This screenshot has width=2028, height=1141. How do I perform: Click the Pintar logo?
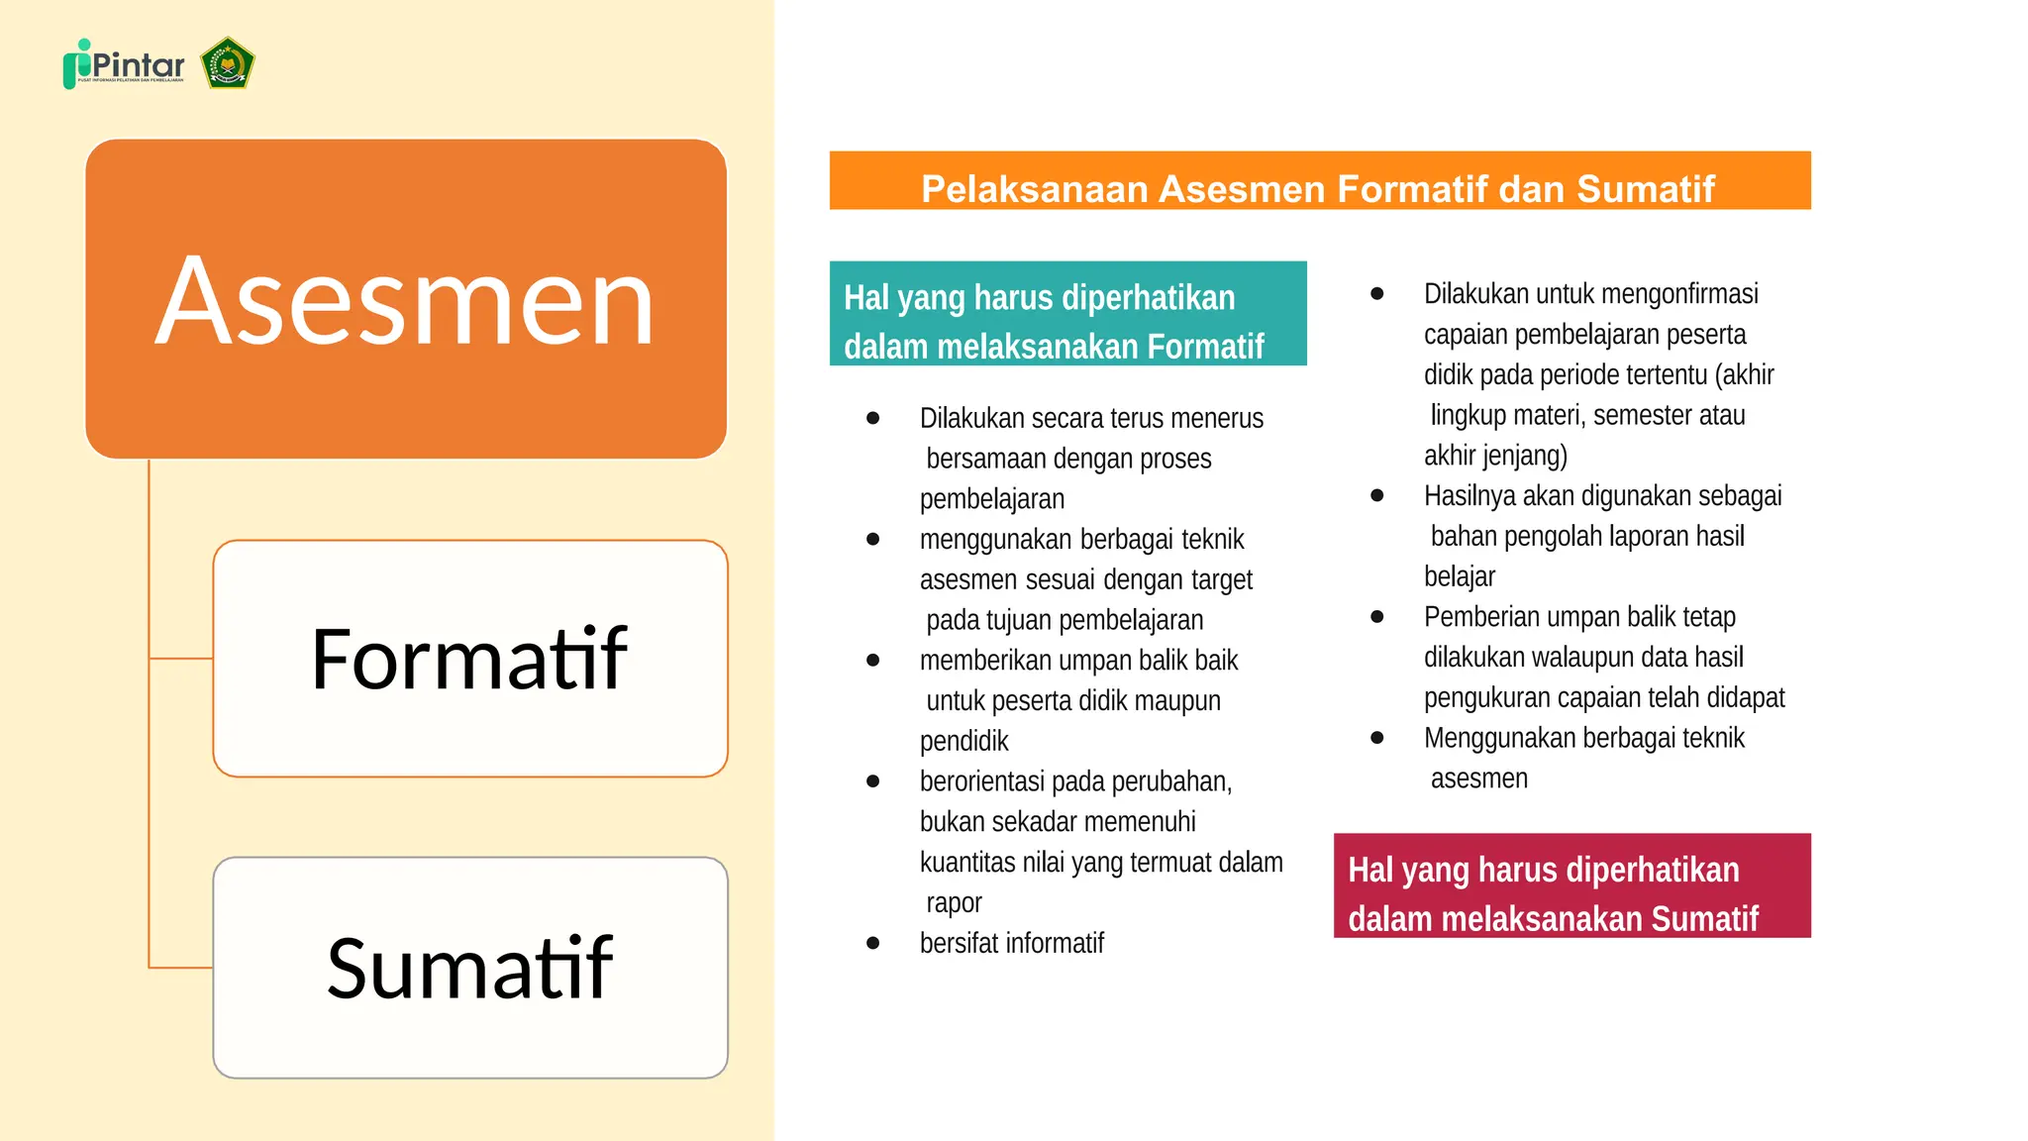coord(124,65)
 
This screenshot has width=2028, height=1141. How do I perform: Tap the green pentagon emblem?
coord(228,64)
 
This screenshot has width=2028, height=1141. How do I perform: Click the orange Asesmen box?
coord(406,298)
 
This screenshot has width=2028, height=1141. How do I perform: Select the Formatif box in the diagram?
coord(470,659)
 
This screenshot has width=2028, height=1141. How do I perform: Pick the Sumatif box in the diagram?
coord(470,968)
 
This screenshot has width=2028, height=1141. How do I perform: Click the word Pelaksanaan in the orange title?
coord(1034,188)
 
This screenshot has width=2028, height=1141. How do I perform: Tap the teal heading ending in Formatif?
coord(1067,314)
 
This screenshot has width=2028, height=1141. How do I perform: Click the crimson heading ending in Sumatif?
coord(1572,885)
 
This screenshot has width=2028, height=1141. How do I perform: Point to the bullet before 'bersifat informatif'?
coord(872,943)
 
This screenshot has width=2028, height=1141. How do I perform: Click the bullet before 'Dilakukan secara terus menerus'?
coord(872,418)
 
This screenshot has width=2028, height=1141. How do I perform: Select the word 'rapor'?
coord(954,902)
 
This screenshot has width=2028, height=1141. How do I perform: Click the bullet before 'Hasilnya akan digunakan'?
coord(1376,495)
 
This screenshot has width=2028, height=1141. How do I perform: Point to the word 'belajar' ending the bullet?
coord(1459,576)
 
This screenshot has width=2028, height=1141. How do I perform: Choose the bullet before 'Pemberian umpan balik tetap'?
coord(1376,616)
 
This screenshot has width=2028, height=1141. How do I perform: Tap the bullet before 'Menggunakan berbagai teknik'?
coord(1376,737)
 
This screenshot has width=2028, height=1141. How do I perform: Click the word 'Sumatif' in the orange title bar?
coord(1645,188)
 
